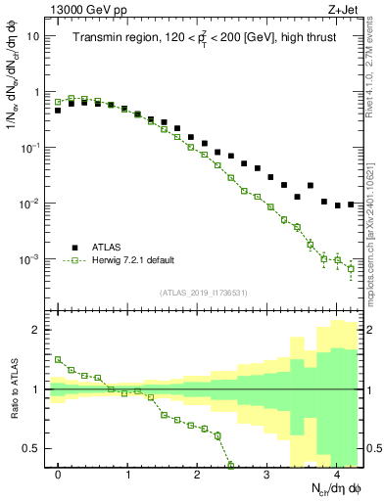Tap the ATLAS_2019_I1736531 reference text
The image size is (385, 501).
pos(203,293)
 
